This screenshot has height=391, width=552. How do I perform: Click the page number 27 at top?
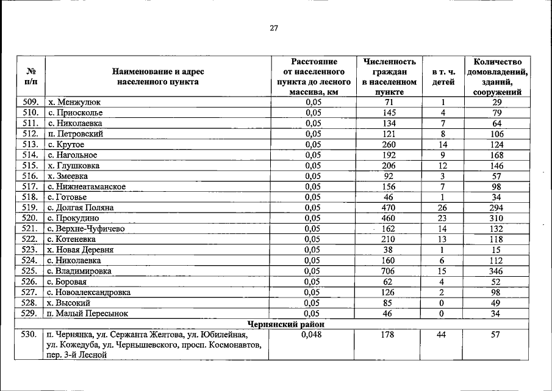[274, 27]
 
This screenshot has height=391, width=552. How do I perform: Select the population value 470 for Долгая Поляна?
[388, 208]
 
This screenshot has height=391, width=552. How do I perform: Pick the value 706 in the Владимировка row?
[388, 271]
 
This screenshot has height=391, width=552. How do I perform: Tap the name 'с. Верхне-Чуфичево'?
[86, 228]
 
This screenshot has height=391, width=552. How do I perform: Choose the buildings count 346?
[495, 271]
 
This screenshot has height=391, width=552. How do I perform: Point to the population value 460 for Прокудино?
[388, 218]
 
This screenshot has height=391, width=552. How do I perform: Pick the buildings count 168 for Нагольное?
[495, 155]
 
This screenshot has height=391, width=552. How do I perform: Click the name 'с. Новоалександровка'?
[88, 292]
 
